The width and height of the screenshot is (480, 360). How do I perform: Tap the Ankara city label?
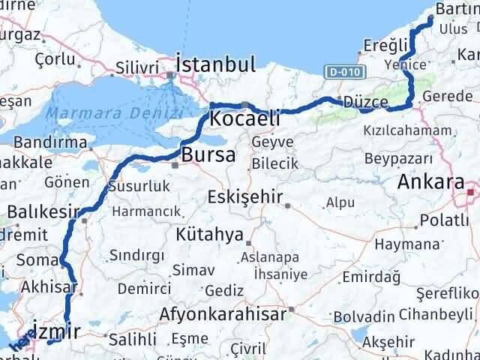coord(430,181)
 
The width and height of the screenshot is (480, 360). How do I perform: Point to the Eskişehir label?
coord(246,198)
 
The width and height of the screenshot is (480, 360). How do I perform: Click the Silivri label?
coord(138,67)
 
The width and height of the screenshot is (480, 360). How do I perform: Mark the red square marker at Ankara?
coord(470,192)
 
